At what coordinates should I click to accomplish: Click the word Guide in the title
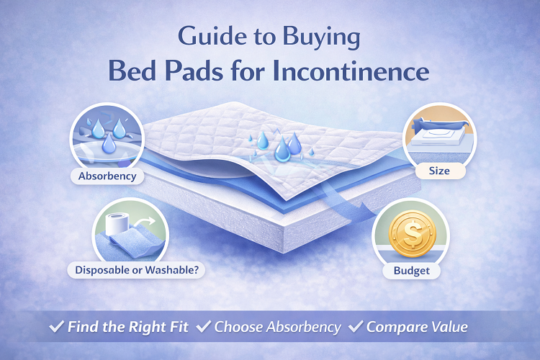(203, 36)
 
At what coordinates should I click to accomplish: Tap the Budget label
(411, 271)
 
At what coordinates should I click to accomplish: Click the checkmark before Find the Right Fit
(56, 327)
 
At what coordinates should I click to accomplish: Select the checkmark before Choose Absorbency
(204, 327)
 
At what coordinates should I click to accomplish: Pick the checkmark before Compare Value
(356, 327)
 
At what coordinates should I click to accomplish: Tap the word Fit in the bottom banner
(176, 327)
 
